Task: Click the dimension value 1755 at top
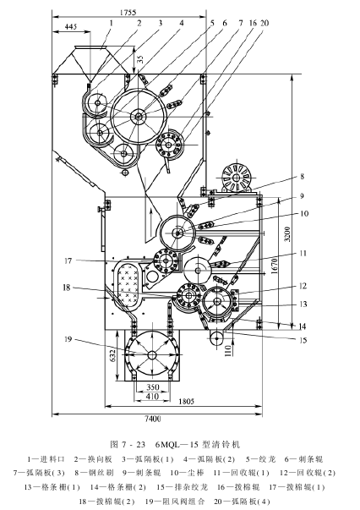(128, 13)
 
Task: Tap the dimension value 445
(70, 27)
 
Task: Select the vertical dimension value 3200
(287, 234)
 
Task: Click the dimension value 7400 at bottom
(153, 419)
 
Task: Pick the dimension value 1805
(186, 402)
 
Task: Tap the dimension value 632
(112, 357)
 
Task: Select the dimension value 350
(153, 387)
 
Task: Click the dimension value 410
(153, 396)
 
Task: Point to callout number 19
(68, 339)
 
